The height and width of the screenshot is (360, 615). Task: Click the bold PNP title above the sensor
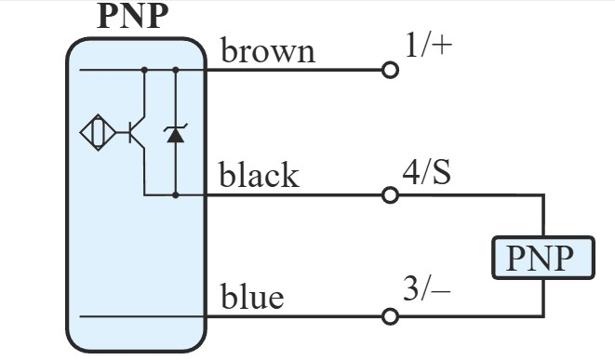pos(135,15)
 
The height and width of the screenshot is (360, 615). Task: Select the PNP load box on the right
pos(542,257)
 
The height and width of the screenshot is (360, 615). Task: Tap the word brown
pos(267,50)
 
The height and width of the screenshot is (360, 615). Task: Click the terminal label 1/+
pos(428,46)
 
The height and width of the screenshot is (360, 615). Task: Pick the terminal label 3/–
pos(427,291)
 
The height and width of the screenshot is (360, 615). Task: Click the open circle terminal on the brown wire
pos(391,71)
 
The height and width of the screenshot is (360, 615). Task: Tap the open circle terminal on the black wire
pos(391,195)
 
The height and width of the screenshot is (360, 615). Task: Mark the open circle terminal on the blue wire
pos(391,316)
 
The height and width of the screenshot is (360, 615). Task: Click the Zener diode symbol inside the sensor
pos(175,134)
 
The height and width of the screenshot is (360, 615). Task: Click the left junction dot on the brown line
pos(144,70)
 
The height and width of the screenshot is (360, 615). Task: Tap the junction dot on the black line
pos(175,195)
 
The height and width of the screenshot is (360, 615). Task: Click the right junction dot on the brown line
pos(175,70)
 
